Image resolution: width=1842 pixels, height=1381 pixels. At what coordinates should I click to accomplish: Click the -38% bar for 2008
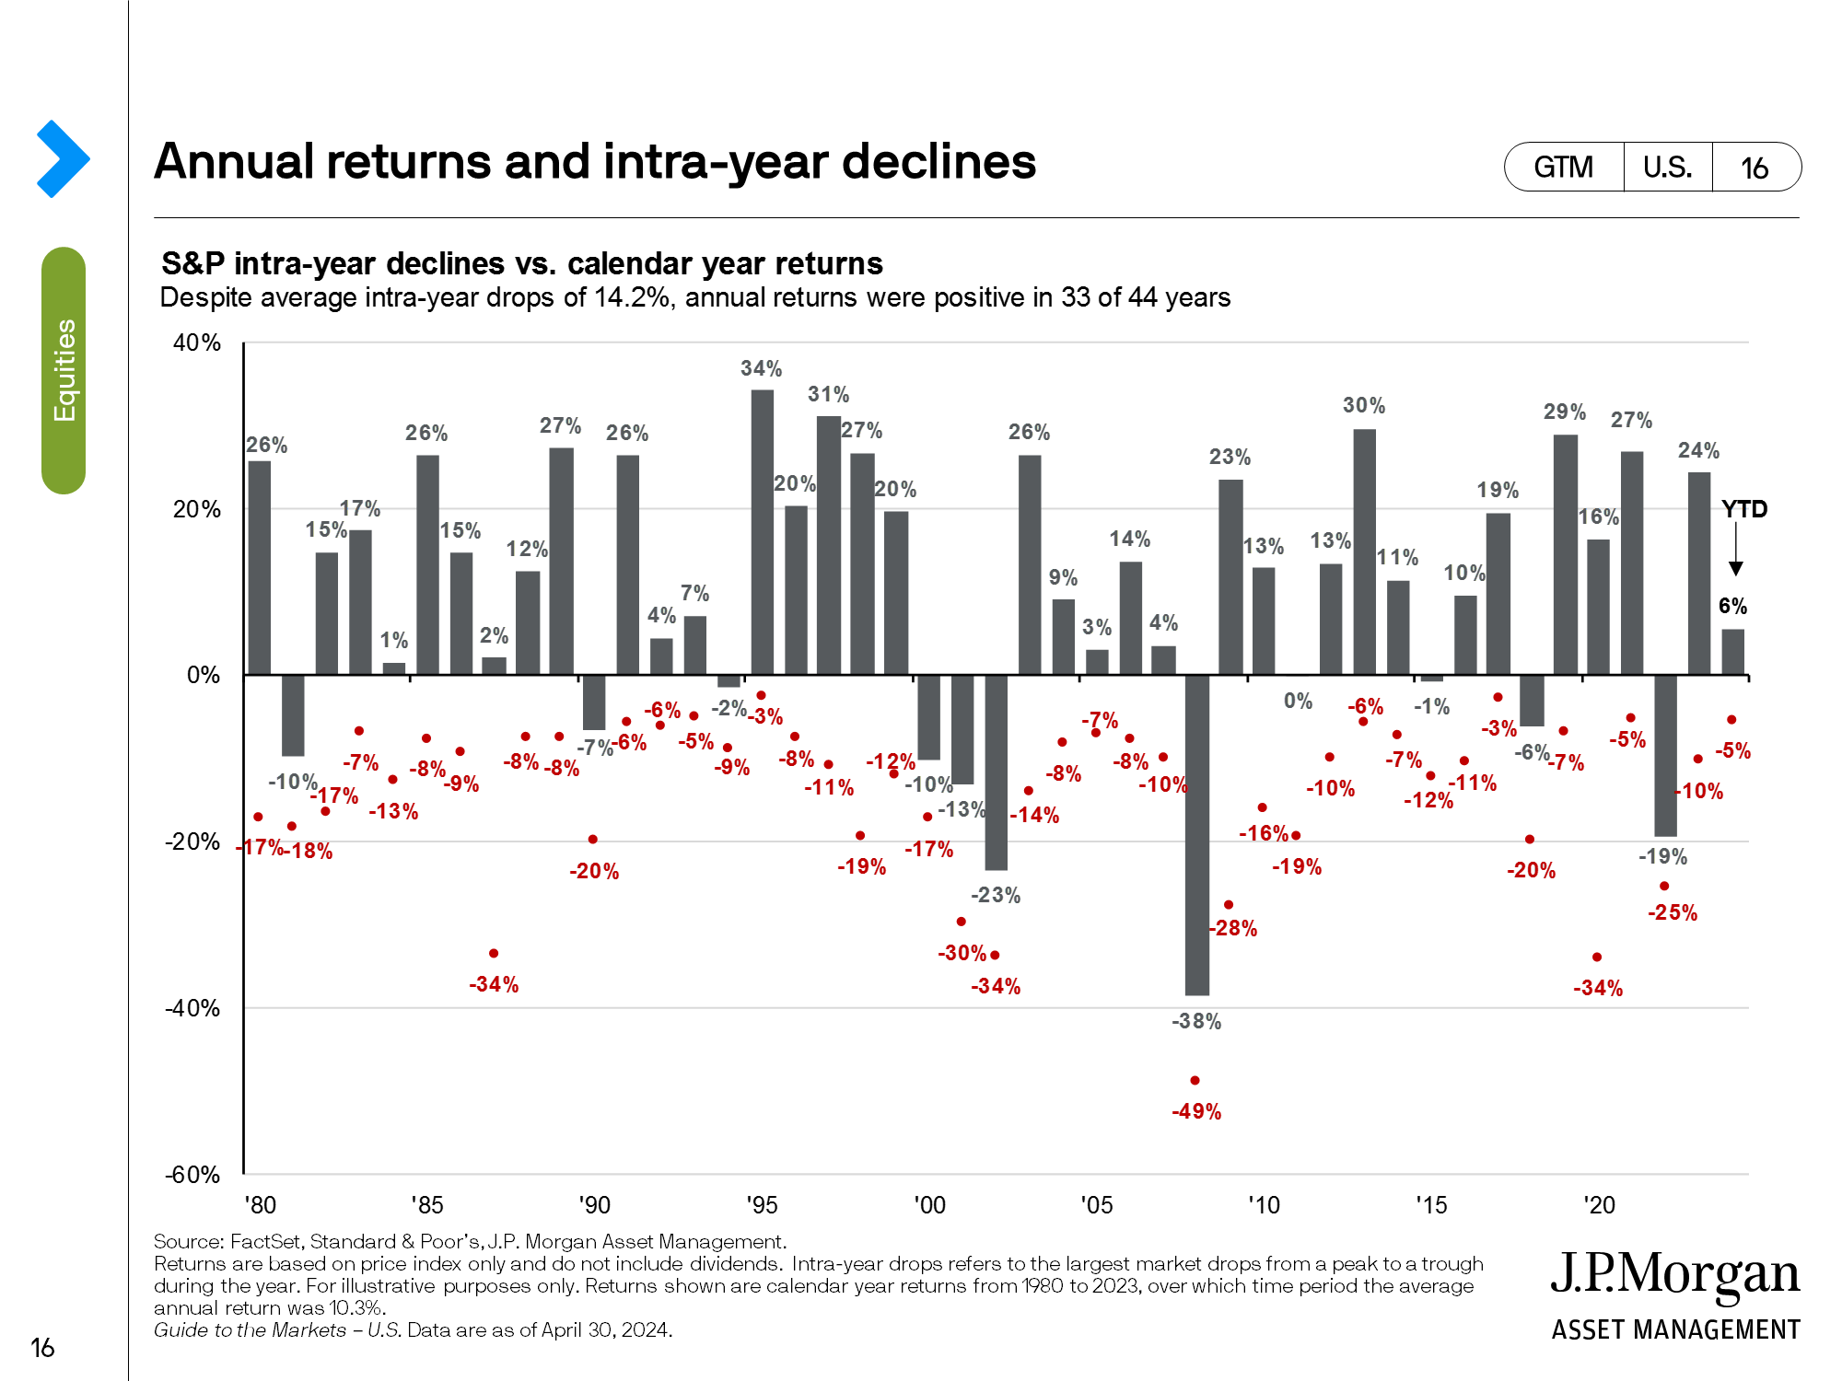pos(1196,834)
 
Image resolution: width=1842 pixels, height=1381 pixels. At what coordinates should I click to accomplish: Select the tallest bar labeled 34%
pos(762,532)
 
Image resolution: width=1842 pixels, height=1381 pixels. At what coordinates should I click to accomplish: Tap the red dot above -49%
pos(1195,1080)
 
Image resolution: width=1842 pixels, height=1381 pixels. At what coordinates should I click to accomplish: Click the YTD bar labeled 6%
pos(1732,652)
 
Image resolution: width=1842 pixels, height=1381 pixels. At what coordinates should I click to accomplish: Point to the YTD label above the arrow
pos(1743,509)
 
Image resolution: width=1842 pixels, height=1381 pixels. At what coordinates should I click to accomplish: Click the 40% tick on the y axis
pos(197,342)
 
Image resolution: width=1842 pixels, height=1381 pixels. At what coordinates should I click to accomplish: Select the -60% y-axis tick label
pos(192,1175)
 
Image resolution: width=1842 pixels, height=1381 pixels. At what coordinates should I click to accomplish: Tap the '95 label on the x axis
pos(762,1205)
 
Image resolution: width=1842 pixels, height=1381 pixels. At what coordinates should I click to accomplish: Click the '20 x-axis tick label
pos(1599,1205)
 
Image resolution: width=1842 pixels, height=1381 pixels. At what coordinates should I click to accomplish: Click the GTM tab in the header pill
pos(1563,168)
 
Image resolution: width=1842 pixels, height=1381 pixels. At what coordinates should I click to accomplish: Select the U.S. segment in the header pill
pos(1667,168)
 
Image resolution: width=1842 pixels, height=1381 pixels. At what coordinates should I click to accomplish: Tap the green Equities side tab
pos(64,370)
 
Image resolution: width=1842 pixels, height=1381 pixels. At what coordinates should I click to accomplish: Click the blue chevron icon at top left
pos(63,158)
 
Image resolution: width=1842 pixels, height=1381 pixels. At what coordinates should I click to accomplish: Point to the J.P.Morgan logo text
pos(1674,1275)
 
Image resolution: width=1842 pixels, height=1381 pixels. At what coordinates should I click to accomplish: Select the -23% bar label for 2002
pos(996,895)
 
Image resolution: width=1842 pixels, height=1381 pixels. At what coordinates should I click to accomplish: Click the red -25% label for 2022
pos(1672,912)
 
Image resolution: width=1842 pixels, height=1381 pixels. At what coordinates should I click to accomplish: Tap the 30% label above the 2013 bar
pos(1363,405)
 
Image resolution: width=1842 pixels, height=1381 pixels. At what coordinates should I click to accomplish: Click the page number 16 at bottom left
pos(42,1348)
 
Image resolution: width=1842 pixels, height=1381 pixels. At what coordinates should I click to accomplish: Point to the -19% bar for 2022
pos(1665,755)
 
